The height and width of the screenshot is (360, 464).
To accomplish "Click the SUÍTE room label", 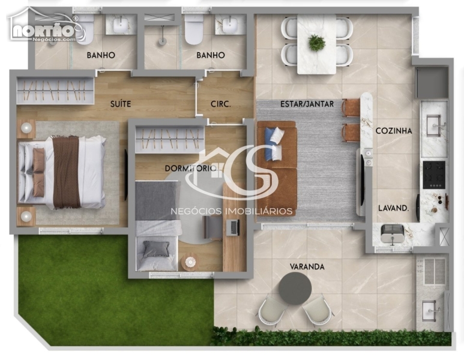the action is pyautogui.click(x=121, y=104).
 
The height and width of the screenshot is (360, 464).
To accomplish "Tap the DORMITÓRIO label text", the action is pyautogui.click(x=190, y=169).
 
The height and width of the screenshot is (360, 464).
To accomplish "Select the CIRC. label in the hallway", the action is pyautogui.click(x=220, y=104).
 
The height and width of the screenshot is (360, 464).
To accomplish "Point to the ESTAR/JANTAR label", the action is pyautogui.click(x=307, y=104).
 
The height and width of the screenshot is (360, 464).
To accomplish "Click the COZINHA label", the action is pyautogui.click(x=394, y=131).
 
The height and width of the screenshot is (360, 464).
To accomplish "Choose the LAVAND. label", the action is pyautogui.click(x=394, y=208).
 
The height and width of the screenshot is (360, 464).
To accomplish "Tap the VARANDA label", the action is pyautogui.click(x=307, y=267).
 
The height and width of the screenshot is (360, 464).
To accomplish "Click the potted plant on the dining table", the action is pyautogui.click(x=316, y=43).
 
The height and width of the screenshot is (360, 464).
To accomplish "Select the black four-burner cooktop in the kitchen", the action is pyautogui.click(x=434, y=175).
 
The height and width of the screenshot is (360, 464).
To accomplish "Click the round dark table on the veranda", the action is pyautogui.click(x=295, y=289).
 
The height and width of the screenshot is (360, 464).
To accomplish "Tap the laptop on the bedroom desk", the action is pyautogui.click(x=233, y=227).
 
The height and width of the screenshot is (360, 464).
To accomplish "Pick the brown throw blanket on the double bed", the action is pyautogui.click(x=66, y=172).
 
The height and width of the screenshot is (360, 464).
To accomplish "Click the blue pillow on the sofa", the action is pyautogui.click(x=270, y=144).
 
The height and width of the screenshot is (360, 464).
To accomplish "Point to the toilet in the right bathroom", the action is pyautogui.click(x=194, y=29).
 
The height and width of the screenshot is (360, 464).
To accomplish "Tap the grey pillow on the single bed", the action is pyautogui.click(x=156, y=249).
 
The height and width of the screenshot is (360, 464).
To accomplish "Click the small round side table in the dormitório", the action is pyautogui.click(x=190, y=262).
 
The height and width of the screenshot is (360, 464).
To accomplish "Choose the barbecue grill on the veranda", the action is pyautogui.click(x=435, y=271).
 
